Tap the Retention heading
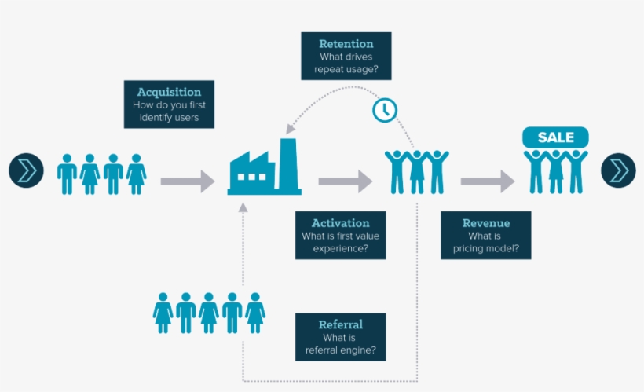tap(346, 43)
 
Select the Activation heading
tap(340, 223)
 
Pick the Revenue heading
tap(485, 223)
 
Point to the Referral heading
tap(340, 324)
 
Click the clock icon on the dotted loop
tap(384, 110)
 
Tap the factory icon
tap(264, 169)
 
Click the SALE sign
tap(555, 137)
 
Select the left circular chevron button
tap(26, 170)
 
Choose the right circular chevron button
tap(618, 170)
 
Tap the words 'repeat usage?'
tap(346, 70)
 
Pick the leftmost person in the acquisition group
tap(67, 174)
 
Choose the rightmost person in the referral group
tap(254, 313)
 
